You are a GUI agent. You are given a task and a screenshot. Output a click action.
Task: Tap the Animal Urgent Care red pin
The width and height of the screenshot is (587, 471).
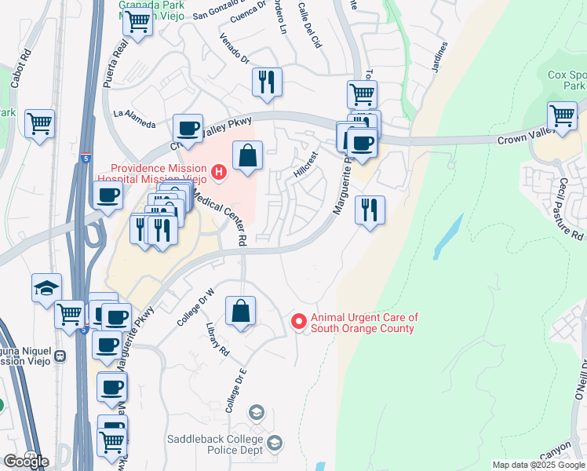[298, 321]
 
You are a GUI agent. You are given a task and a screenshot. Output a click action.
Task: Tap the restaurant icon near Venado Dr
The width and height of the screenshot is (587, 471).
[267, 82]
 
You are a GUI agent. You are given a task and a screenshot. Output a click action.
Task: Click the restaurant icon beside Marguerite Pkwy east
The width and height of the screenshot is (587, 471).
[369, 210]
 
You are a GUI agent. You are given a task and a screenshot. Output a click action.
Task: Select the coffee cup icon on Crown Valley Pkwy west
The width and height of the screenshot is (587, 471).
[188, 128]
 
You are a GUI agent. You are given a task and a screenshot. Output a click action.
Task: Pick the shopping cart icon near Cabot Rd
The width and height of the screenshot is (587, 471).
[39, 123]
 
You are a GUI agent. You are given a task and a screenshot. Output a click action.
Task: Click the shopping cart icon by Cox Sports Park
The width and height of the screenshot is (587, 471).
[563, 115]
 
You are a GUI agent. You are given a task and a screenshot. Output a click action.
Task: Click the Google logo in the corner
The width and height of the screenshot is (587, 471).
[26, 461]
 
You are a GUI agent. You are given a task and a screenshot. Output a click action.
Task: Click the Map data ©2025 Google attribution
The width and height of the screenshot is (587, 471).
[538, 465]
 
